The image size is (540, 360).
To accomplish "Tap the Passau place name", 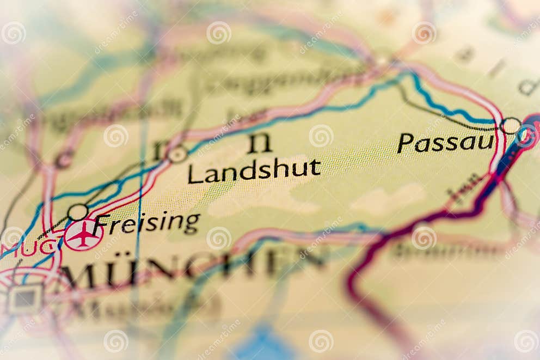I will (445, 143).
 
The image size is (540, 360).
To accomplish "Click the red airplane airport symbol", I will (83, 235).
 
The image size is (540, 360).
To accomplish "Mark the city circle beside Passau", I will (511, 126).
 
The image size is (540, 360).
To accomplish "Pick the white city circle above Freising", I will (78, 212).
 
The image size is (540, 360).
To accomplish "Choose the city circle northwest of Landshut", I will (177, 154).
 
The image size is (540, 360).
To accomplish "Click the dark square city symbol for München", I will (25, 298).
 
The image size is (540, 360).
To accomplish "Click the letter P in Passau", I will (404, 143).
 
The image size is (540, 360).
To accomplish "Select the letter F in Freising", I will (101, 224).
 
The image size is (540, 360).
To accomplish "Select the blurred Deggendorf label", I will (283, 82).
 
